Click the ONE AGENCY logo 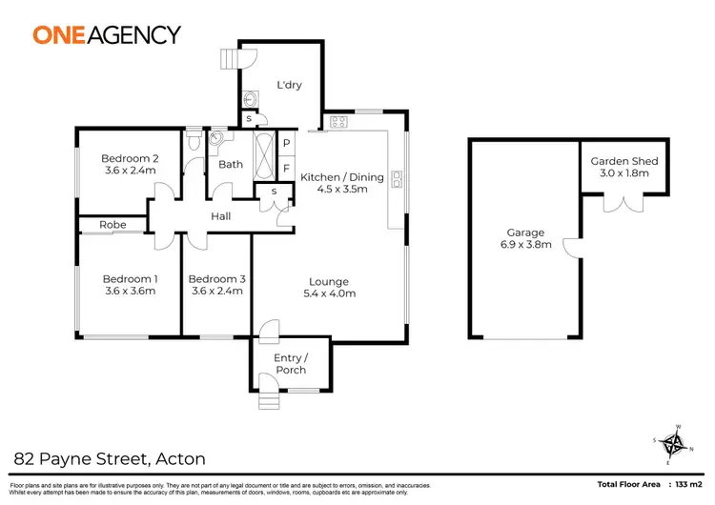point(107,35)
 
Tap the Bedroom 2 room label point(130,158)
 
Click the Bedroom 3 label point(218,278)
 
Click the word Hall point(221,217)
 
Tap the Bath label point(231,164)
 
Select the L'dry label point(289,85)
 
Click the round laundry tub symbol point(253,99)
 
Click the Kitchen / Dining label point(342,177)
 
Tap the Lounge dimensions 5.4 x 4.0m point(329,293)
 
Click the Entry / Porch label point(289,364)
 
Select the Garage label point(525,232)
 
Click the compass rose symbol point(674,442)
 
